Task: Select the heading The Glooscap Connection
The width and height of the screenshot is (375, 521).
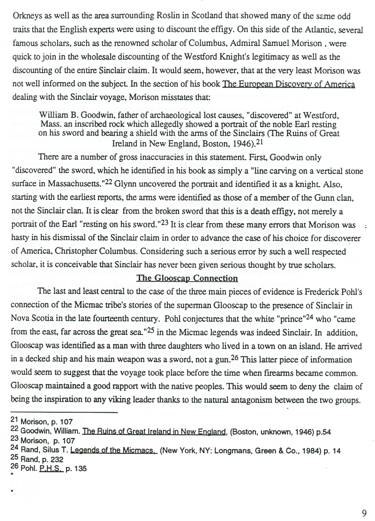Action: click(x=187, y=278)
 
